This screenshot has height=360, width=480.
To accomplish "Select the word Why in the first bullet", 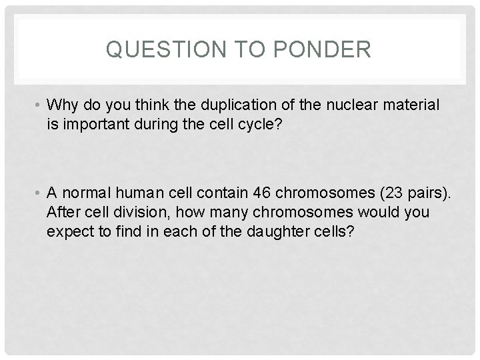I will click(x=63, y=105).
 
